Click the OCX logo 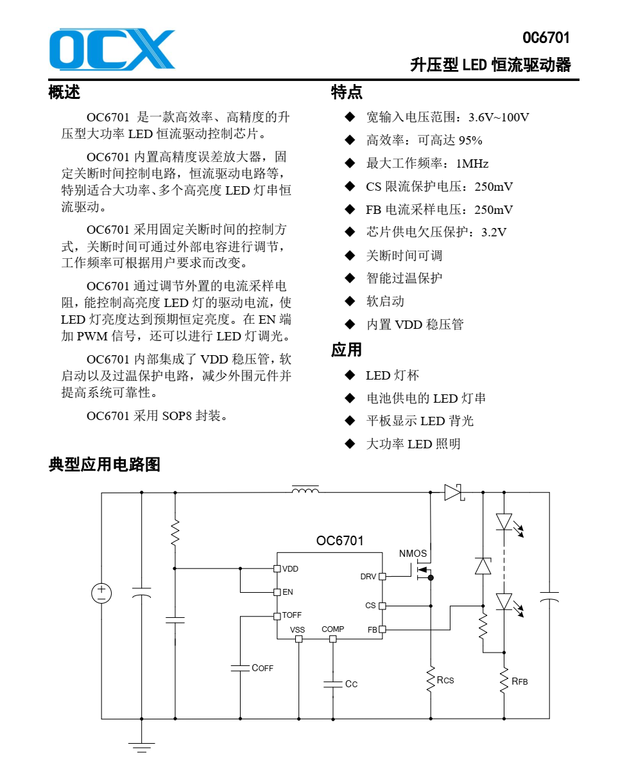[112, 49]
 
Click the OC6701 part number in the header [546, 38]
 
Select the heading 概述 [64, 92]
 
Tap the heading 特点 [347, 92]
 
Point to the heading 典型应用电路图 [104, 464]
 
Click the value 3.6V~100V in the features [499, 118]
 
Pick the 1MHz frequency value [472, 164]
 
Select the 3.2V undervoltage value [494, 232]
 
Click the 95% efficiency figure [470, 141]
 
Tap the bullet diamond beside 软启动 [349, 301]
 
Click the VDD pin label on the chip [290, 569]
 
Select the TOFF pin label [291, 615]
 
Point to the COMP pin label [332, 629]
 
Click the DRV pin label [368, 577]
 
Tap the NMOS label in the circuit [413, 554]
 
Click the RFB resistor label [520, 681]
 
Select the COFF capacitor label [262, 668]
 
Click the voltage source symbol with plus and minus [101, 593]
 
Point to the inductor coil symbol [305, 491]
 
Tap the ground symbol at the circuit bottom [141, 746]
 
